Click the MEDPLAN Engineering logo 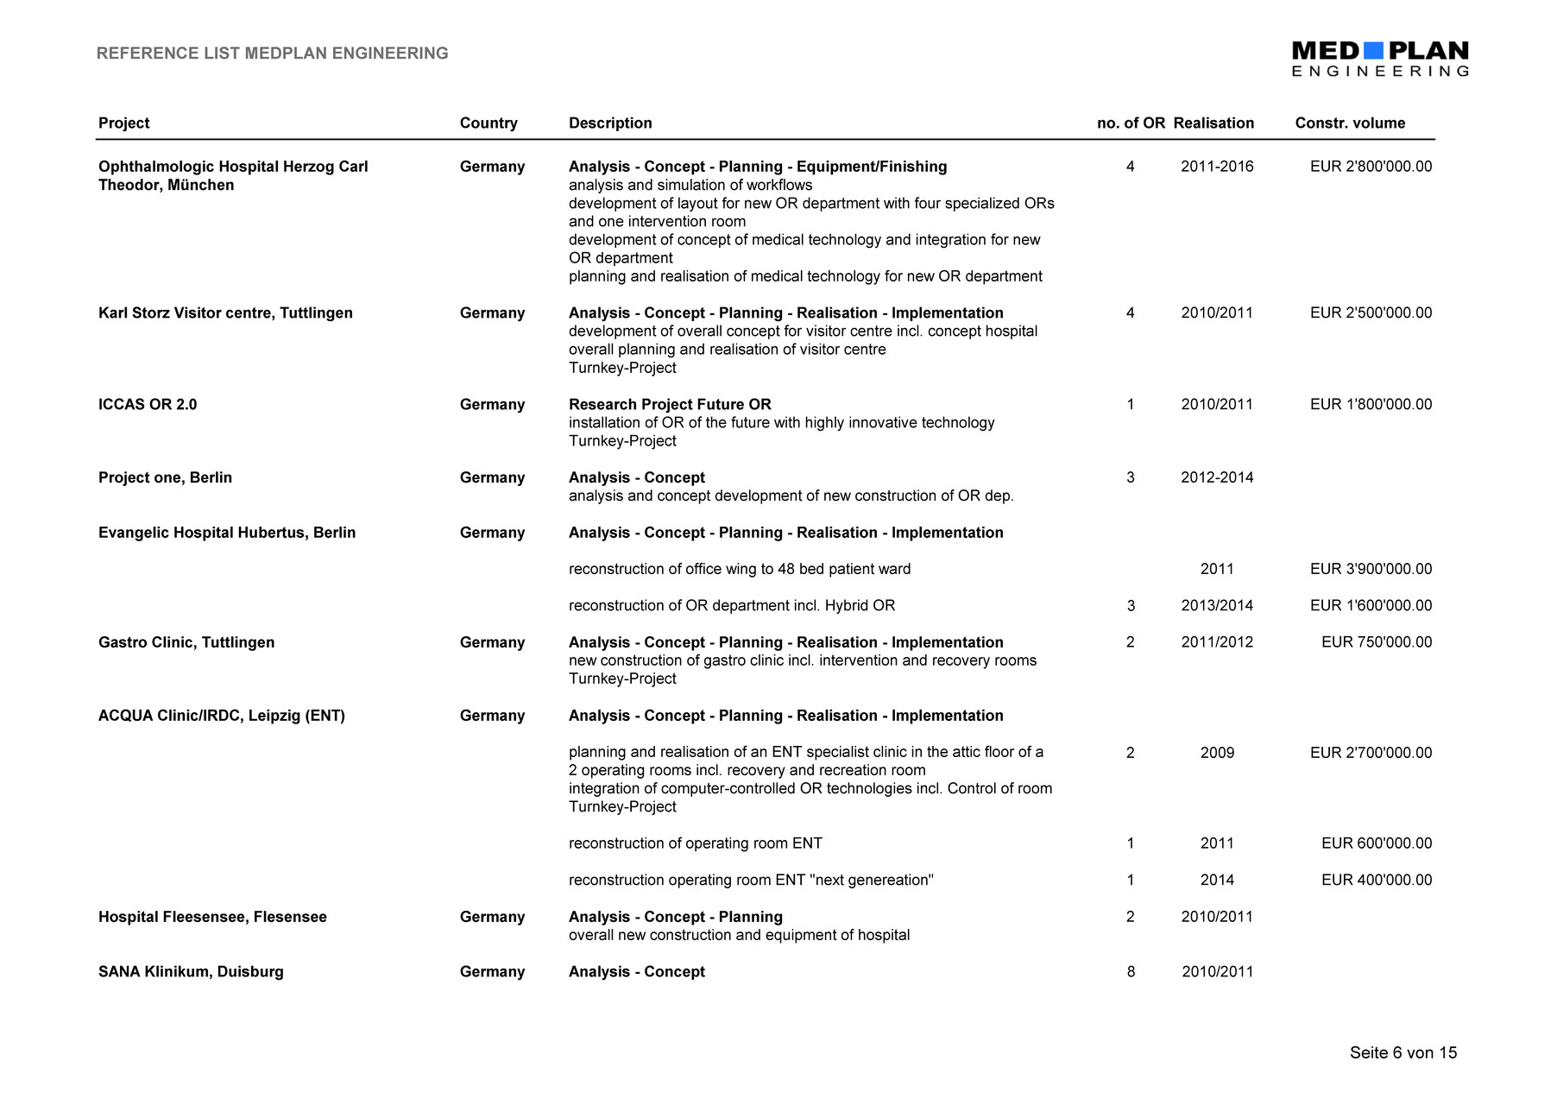[1379, 59]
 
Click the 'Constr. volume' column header [1350, 123]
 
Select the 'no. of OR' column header [1131, 123]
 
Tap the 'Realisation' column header [1213, 123]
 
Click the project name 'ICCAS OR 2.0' [148, 405]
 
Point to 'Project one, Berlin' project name [165, 478]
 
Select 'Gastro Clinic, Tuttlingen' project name [186, 643]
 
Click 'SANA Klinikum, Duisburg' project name [191, 972]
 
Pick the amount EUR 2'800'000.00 [1371, 167]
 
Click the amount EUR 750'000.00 [1377, 643]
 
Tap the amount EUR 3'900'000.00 [1371, 570]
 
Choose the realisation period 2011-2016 [1217, 167]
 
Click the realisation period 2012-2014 [1217, 478]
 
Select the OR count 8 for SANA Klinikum [1131, 972]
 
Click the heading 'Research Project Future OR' [670, 405]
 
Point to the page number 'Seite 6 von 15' [1403, 1053]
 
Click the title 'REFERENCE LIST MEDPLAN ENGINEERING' [272, 54]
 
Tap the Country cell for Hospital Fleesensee [492, 918]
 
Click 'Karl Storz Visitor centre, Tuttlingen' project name [225, 313]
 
